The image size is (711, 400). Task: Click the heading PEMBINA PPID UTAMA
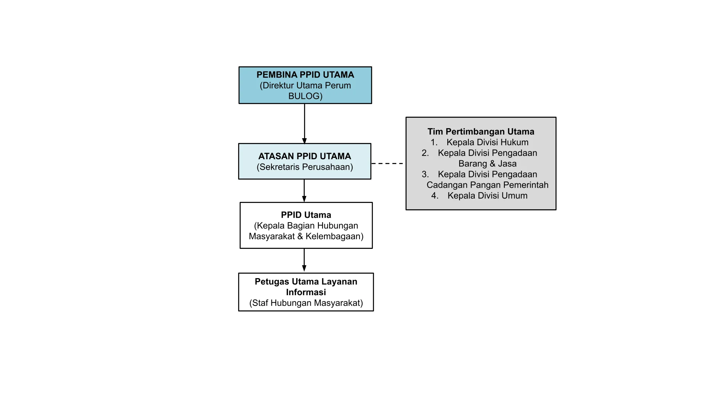click(x=305, y=75)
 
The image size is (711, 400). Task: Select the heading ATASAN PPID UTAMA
click(x=304, y=156)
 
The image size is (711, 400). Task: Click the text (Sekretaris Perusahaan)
click(x=304, y=167)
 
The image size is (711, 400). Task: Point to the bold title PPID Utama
click(x=306, y=215)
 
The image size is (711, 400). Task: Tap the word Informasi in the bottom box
click(x=306, y=292)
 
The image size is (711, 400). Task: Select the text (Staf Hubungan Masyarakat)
click(x=306, y=303)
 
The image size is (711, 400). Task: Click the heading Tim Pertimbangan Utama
click(x=481, y=132)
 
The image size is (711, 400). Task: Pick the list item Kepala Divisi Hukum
click(x=487, y=143)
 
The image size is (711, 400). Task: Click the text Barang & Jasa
click(x=487, y=164)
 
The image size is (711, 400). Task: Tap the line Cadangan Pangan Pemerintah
click(x=487, y=185)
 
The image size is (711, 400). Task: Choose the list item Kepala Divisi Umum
click(x=487, y=196)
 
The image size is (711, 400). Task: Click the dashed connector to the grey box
click(x=388, y=163)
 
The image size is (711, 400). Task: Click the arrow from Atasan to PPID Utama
click(x=304, y=190)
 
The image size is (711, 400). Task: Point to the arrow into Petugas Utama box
click(x=304, y=260)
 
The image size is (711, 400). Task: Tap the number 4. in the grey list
click(x=435, y=196)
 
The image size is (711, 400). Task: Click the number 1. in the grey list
click(x=434, y=143)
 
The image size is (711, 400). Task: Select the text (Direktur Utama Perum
click(x=305, y=86)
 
